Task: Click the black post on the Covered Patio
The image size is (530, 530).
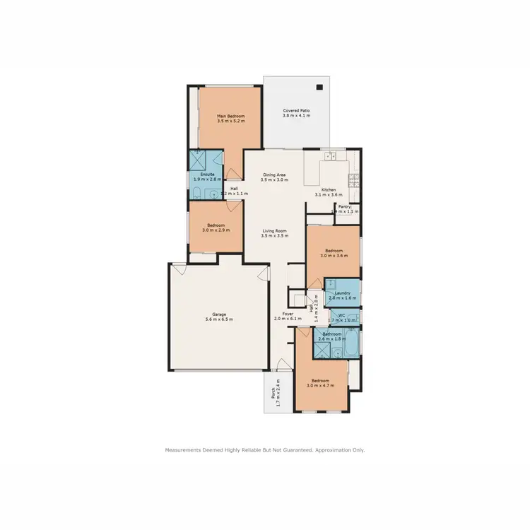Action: [319, 87]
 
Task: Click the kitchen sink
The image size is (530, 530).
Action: [329, 155]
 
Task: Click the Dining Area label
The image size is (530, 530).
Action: [274, 174]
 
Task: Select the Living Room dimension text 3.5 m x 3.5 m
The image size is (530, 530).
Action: [274, 236]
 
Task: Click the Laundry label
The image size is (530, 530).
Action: [343, 293]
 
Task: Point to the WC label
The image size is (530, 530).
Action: [341, 315]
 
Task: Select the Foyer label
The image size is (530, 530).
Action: [288, 314]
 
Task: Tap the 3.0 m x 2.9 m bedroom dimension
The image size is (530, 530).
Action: [216, 230]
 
